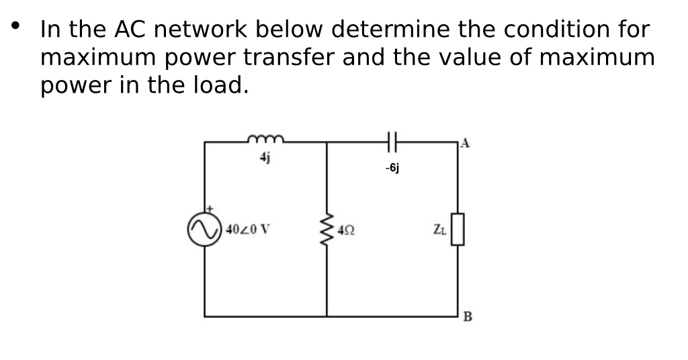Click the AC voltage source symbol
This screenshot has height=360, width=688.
click(x=204, y=230)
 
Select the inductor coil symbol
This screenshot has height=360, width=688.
click(x=266, y=140)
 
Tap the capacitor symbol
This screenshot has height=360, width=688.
click(x=394, y=142)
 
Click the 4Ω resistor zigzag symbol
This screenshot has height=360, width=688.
click(x=327, y=229)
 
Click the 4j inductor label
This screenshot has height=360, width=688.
click(x=265, y=158)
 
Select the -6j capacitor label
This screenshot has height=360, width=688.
click(x=393, y=169)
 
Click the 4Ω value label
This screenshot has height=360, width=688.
click(x=347, y=230)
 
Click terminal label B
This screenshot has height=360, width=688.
click(x=468, y=317)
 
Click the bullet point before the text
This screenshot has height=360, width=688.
click(x=15, y=27)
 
